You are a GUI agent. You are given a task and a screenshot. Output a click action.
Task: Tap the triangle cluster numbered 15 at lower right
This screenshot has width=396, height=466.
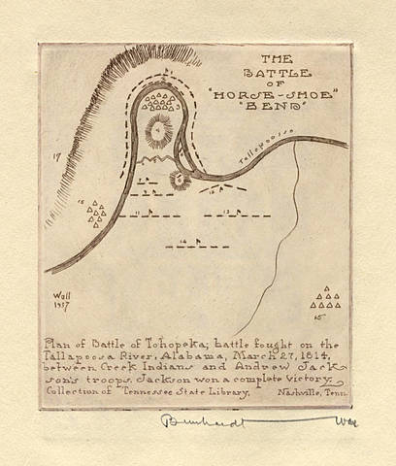click(331, 298)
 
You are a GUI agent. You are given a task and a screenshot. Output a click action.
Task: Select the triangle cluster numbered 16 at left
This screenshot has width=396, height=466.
click(97, 212)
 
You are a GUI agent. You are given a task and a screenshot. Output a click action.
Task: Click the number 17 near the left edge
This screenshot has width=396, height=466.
click(57, 155)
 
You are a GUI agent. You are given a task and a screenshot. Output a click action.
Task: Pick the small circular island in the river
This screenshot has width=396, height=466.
click(181, 178)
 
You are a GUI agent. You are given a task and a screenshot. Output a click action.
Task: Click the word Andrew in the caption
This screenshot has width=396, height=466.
click(253, 368)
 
